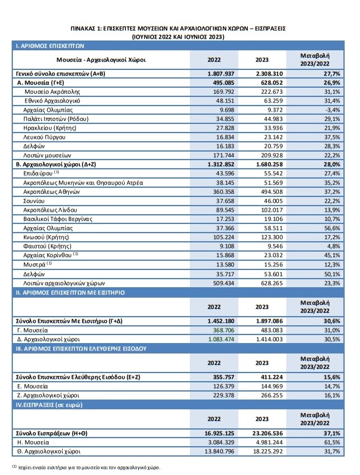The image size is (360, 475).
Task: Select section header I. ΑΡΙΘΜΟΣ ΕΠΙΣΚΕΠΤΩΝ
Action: point(50,46)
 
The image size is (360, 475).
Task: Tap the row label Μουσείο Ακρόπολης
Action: point(52,92)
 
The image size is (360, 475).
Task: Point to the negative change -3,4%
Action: point(332,110)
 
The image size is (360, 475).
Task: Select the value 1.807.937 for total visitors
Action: point(221,74)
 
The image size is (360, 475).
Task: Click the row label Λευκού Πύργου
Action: point(44,137)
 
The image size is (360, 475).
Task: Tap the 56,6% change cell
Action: point(332,228)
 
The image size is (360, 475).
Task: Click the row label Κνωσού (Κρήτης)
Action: point(46,237)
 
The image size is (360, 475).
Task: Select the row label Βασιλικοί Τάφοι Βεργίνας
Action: point(58,219)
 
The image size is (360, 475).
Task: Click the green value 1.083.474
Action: point(221,339)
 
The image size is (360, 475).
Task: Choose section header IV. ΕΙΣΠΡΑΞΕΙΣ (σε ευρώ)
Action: point(49,405)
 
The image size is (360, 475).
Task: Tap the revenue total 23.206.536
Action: point(267,433)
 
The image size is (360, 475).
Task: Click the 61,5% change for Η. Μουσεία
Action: point(332,442)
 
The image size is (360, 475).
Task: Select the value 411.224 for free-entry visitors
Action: point(272,377)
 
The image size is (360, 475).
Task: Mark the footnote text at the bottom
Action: point(86,467)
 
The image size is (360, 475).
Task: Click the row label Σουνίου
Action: point(34,201)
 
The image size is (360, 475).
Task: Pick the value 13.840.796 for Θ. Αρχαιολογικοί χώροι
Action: point(219,451)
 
